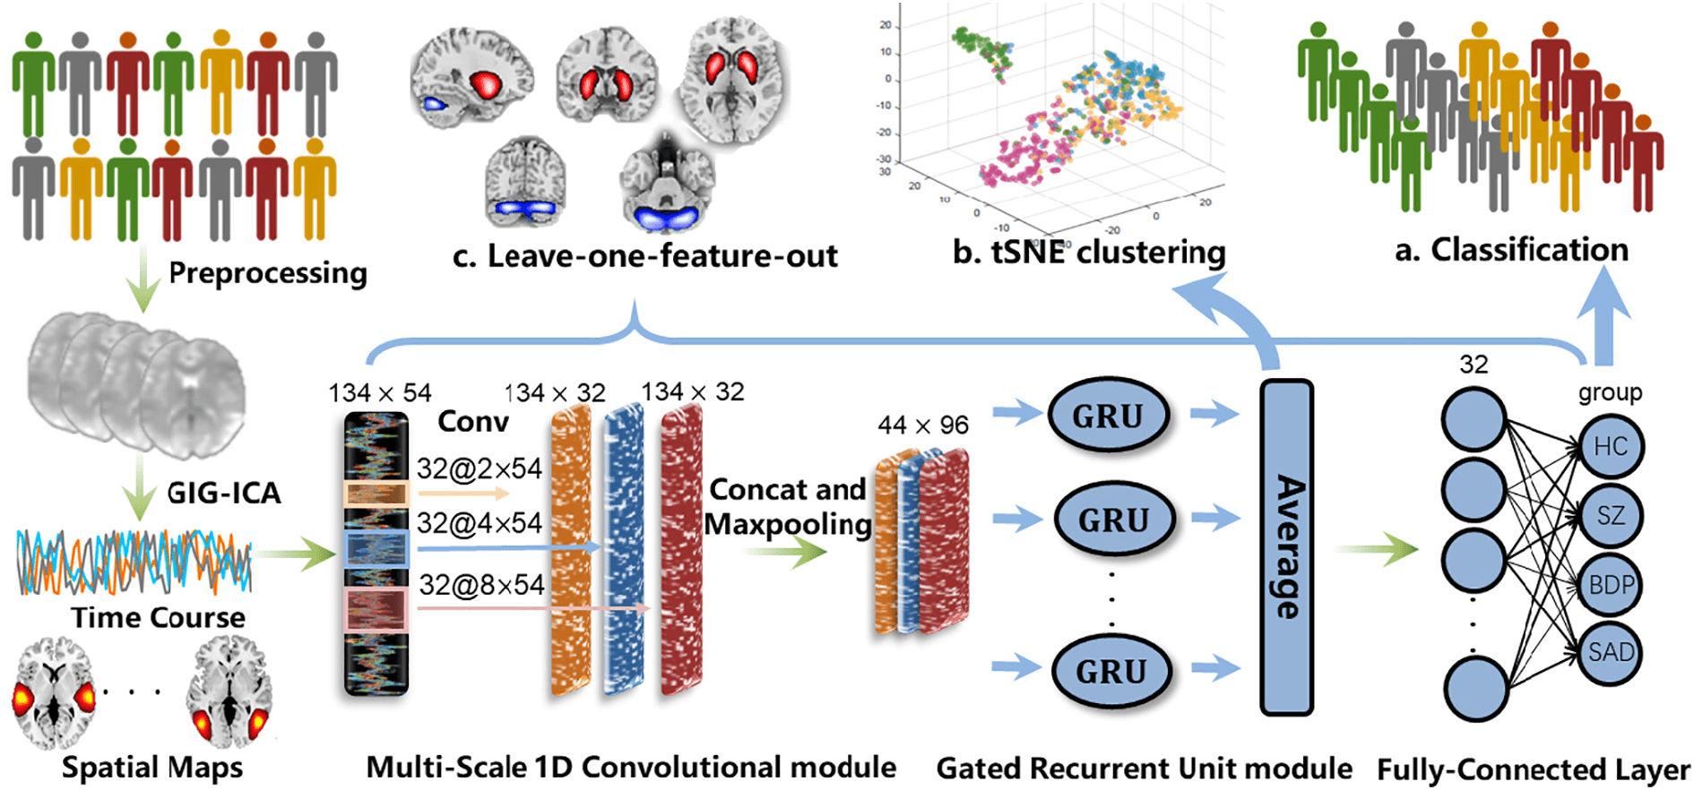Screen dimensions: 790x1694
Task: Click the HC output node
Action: tap(1610, 446)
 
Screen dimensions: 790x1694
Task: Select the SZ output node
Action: tap(1610, 515)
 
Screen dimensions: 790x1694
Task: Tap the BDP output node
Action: tap(1611, 585)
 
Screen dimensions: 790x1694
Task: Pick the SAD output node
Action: tap(1611, 652)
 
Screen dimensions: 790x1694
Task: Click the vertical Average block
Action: tap(1287, 547)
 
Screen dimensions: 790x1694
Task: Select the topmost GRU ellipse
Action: tap(1108, 416)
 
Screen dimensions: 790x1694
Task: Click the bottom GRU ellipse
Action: tap(1111, 671)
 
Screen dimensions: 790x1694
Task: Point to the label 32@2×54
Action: tap(480, 468)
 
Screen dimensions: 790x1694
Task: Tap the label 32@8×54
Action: tap(481, 585)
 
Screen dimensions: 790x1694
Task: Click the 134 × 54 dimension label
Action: tap(379, 393)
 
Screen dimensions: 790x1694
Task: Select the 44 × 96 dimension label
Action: tap(923, 425)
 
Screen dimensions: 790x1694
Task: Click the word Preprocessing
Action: tap(268, 272)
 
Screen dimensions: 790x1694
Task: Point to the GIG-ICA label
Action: tap(224, 493)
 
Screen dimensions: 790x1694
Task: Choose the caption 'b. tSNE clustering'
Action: tap(1089, 253)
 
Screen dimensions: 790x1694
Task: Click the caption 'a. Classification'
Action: tap(1511, 250)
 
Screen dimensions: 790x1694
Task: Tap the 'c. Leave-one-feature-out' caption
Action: tap(645, 256)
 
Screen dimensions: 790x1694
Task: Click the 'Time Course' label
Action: tap(159, 618)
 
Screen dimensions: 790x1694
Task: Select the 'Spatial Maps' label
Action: tap(152, 768)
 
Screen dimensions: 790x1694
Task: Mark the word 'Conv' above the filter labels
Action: tap(473, 421)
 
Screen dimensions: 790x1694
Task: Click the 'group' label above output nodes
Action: tap(1610, 392)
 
